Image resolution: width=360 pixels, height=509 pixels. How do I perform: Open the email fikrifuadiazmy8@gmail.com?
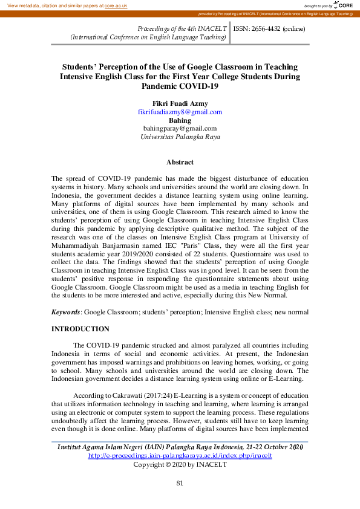[180, 112]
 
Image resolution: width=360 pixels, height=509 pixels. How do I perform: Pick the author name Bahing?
[180, 120]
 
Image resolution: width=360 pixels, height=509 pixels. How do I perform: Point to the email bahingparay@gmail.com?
[180, 128]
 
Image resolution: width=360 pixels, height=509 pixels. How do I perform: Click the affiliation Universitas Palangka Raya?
[180, 137]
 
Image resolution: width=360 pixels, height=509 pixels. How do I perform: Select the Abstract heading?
[180, 162]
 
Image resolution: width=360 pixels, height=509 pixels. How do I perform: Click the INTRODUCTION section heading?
[80, 329]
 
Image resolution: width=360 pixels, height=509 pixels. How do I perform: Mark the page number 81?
[180, 482]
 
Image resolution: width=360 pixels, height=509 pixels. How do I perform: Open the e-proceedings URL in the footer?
[180, 455]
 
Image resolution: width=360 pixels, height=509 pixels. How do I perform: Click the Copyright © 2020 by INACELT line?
[180, 464]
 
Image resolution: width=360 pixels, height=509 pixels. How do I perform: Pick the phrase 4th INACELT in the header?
[208, 28]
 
